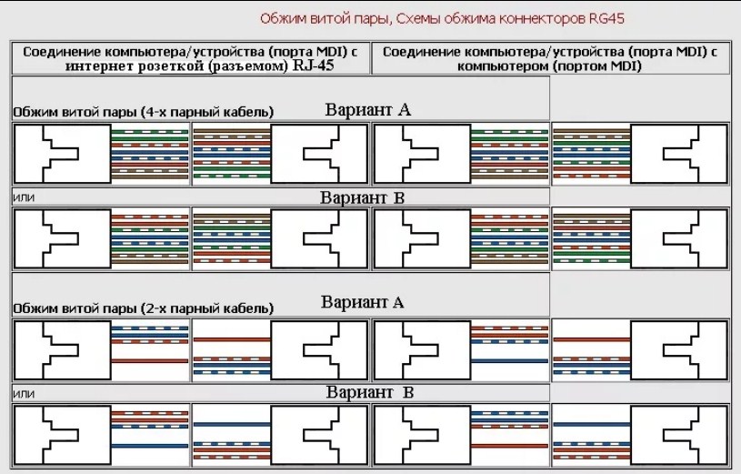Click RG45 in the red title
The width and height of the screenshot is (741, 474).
tap(606, 18)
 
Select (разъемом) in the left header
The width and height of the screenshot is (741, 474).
tap(248, 66)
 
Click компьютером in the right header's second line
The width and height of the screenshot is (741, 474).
tap(504, 66)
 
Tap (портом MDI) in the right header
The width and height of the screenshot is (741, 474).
tap(598, 66)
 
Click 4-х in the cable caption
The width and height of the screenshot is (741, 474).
tap(154, 112)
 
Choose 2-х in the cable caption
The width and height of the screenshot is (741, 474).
tap(154, 308)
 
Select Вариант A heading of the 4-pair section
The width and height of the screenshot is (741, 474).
tap(367, 110)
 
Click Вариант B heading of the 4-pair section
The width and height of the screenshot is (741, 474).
tap(363, 197)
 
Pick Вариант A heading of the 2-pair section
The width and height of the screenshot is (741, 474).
tap(363, 302)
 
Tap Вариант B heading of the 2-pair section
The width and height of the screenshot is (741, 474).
tap(370, 392)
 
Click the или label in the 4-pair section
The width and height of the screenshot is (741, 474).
tap(24, 197)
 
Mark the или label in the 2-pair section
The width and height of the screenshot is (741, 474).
tap(24, 394)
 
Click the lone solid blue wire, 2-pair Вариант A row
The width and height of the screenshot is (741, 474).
tap(509, 361)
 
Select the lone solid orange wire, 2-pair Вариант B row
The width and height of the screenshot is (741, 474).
tap(509, 446)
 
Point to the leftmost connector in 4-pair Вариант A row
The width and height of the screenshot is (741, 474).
tap(63, 154)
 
